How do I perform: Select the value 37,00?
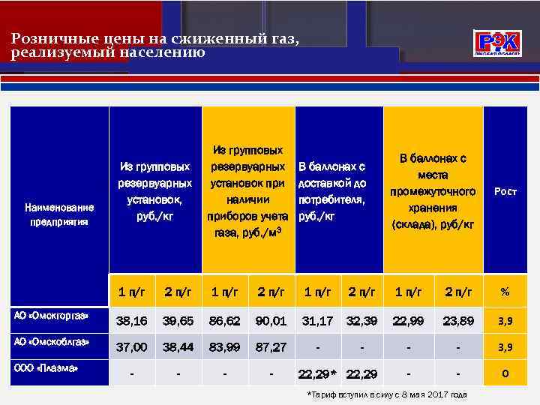tap(131, 346)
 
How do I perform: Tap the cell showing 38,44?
tap(178, 346)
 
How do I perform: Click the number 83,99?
tap(225, 346)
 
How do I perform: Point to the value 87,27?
tap(271, 346)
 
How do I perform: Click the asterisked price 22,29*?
tap(318, 373)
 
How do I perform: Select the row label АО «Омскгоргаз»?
tap(52, 316)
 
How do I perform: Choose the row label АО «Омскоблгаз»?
tap(52, 341)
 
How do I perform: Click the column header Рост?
tap(505, 192)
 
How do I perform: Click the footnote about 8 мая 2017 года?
tap(387, 394)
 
